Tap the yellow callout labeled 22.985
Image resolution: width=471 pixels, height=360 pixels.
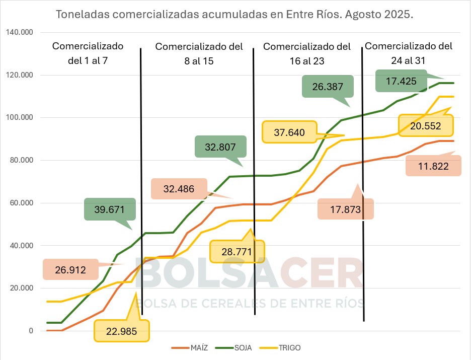click(x=121, y=331)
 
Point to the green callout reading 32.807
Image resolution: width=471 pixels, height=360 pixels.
click(x=220, y=148)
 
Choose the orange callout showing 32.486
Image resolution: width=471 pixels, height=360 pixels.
click(x=179, y=189)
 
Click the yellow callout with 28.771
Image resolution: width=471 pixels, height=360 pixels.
click(x=237, y=251)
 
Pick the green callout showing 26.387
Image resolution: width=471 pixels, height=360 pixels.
click(x=328, y=86)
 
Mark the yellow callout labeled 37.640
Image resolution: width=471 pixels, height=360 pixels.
click(x=289, y=132)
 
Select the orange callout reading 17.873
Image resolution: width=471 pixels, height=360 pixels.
click(x=345, y=209)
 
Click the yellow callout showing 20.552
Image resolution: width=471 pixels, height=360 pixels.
click(x=426, y=126)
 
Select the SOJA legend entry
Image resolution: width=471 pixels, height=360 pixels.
click(x=236, y=348)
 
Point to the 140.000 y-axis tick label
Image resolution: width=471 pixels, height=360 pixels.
click(x=20, y=33)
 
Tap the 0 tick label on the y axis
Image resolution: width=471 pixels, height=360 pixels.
click(x=31, y=331)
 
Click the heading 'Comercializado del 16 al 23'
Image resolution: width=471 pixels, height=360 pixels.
click(x=307, y=53)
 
